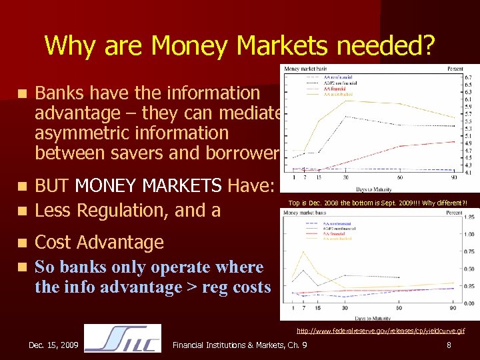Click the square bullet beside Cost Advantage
click(23, 243)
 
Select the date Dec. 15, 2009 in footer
click(53, 345)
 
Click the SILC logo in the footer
click(123, 338)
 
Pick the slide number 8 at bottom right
click(449, 345)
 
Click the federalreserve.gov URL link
click(381, 330)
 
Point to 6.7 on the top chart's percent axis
click(468, 77)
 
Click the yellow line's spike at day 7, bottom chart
click(303, 252)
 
